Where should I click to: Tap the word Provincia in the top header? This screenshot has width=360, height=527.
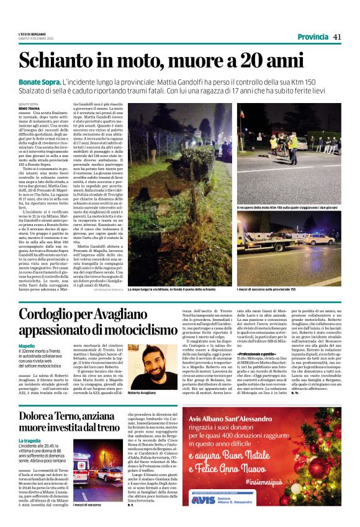(x=313, y=37)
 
